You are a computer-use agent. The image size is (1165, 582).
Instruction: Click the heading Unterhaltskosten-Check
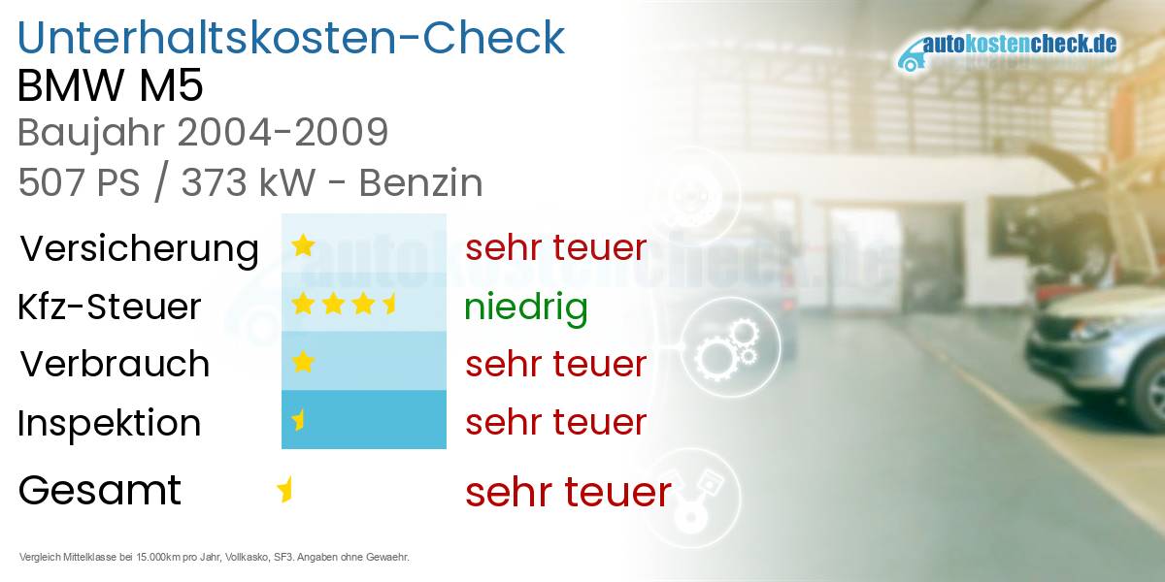coord(291,38)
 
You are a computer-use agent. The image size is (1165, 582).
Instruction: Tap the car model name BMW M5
coord(111,85)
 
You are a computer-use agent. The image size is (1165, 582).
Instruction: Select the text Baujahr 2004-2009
coord(203,133)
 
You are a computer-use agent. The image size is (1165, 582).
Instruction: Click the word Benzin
coord(420,183)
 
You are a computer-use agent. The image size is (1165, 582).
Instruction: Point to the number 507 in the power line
coord(50,183)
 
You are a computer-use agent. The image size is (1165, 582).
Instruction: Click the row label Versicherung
coord(139,249)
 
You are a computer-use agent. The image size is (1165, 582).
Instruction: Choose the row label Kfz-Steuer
coord(109,307)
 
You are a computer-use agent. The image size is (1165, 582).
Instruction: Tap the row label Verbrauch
coord(115,364)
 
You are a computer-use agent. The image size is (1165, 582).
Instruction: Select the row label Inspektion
coord(109,423)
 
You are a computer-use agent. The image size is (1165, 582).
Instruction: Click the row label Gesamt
coord(100,490)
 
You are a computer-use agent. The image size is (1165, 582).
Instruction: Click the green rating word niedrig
coord(526,307)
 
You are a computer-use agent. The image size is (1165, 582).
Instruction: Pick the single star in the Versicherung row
coord(303,245)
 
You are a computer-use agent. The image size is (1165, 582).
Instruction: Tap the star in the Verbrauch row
coord(303,362)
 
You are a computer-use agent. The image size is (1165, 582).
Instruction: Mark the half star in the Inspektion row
coord(299,420)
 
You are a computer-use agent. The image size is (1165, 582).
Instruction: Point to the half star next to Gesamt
coord(285,490)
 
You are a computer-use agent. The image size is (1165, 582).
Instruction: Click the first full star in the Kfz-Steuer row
coord(303,304)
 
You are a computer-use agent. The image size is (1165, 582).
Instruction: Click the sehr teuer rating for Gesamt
coord(569,492)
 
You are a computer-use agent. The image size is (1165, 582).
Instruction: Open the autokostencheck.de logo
coord(1007,50)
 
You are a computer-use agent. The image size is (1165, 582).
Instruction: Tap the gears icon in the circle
coord(727,348)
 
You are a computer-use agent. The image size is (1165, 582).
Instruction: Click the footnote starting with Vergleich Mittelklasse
coord(215,557)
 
